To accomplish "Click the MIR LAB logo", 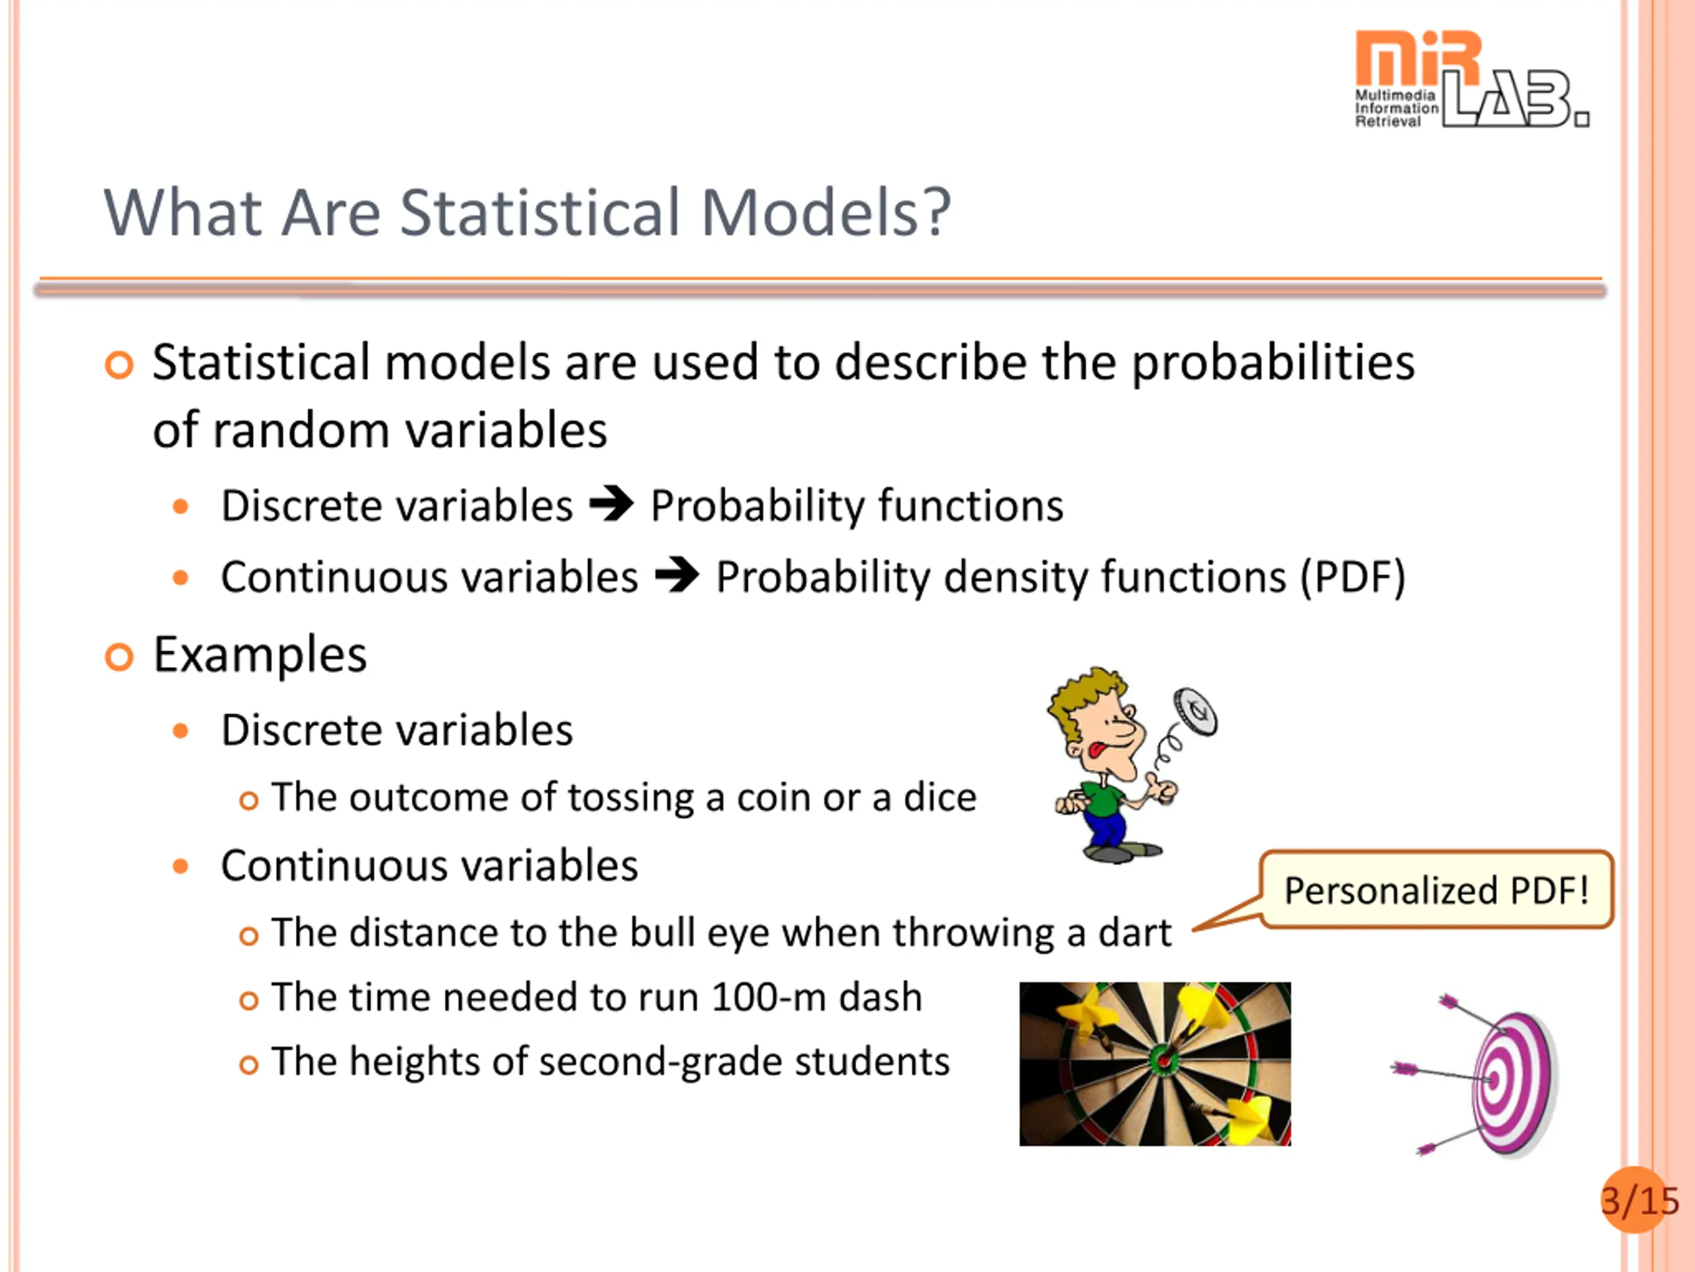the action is click(x=1471, y=79).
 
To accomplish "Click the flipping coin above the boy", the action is click(x=1194, y=712).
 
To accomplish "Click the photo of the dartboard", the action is click(x=1155, y=1064).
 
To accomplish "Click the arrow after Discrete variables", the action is click(x=612, y=505).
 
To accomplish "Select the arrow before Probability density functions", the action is click(x=677, y=576).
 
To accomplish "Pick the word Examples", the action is click(x=260, y=655).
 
